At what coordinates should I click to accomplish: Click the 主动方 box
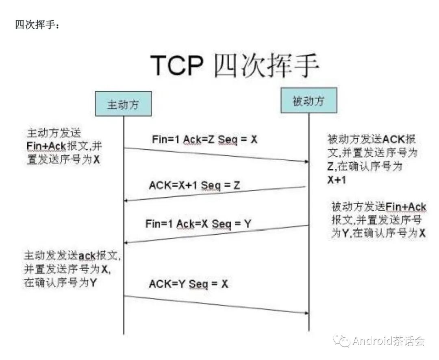(x=123, y=105)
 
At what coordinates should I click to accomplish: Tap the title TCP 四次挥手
(x=235, y=65)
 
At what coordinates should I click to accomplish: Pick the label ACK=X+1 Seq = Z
(x=195, y=185)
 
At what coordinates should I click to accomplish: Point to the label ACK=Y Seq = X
(x=189, y=284)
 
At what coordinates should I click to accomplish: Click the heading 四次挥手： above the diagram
(x=37, y=26)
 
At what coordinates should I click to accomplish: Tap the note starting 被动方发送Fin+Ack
(x=378, y=220)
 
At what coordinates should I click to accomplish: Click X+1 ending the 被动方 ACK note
(x=337, y=180)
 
